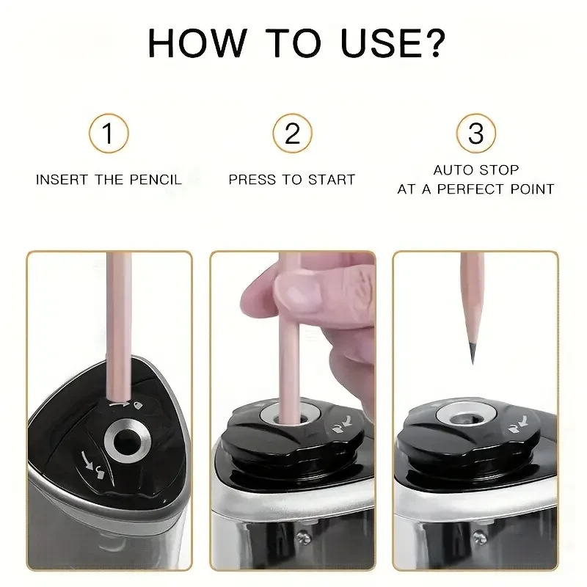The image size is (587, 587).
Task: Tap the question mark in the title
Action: [x=428, y=43]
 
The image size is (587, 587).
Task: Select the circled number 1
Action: [x=109, y=134]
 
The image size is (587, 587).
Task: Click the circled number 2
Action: [x=293, y=134]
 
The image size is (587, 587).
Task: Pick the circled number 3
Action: [x=476, y=134]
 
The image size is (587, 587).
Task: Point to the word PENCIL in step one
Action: [x=156, y=180]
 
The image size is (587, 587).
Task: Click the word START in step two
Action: [x=333, y=180]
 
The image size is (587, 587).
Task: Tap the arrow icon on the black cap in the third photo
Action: [x=519, y=423]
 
